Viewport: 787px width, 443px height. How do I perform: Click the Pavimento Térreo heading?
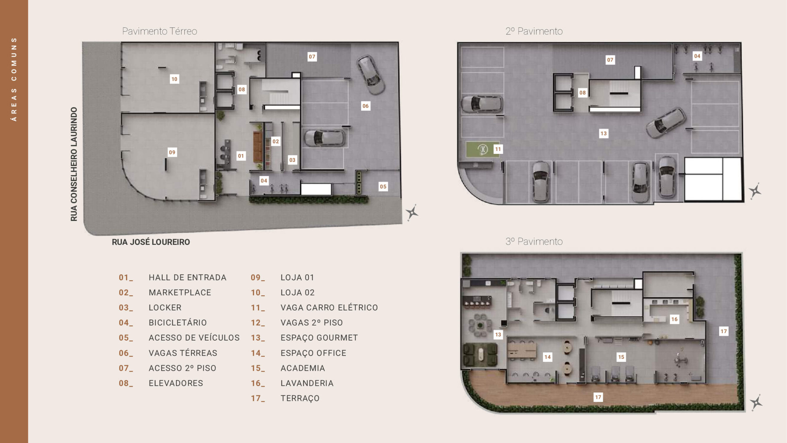[160, 31]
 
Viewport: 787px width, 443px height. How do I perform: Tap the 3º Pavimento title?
[534, 241]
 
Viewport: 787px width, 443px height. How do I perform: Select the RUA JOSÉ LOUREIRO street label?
[151, 242]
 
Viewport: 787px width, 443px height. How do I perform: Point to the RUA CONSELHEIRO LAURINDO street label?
[74, 164]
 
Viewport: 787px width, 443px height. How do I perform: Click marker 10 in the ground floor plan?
[174, 79]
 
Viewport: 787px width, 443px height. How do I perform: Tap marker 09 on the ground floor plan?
[172, 152]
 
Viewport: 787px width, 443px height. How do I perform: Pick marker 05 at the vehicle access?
[383, 186]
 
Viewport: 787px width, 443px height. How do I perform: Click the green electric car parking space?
[482, 150]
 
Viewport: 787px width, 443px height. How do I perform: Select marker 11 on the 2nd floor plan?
[498, 149]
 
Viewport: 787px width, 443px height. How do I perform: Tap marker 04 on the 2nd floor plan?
[697, 56]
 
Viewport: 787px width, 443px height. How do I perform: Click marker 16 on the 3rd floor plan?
[674, 319]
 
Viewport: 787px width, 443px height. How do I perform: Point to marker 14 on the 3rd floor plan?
[548, 357]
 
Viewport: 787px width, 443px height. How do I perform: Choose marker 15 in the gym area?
[621, 357]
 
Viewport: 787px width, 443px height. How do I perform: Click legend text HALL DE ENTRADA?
[188, 277]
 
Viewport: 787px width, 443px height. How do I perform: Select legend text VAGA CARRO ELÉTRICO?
[329, 308]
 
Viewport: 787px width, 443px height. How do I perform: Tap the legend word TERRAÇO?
[300, 398]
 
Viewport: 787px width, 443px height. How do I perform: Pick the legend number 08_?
[126, 383]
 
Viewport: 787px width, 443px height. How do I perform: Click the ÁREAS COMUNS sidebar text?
[14, 79]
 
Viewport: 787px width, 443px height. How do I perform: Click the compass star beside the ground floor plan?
[412, 212]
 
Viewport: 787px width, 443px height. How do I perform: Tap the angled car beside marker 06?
[371, 75]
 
